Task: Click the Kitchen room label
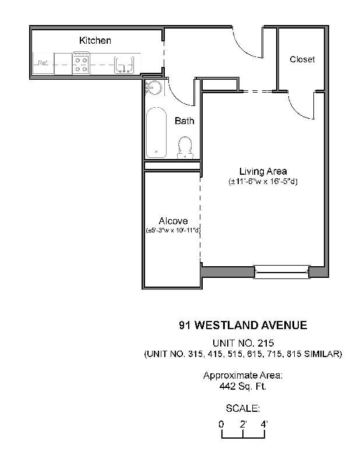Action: (95, 41)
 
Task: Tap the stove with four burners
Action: (82, 63)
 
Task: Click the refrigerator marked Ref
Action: (43, 63)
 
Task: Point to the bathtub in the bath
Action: (156, 132)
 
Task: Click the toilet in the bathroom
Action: (186, 147)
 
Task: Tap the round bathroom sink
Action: (154, 87)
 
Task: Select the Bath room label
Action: (184, 121)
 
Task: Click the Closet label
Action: (302, 59)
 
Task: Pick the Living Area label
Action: (263, 171)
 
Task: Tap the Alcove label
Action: (173, 221)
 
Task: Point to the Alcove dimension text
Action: (173, 231)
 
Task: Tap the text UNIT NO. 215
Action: (243, 343)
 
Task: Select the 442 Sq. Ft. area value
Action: (243, 386)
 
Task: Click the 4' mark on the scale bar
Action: (264, 425)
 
